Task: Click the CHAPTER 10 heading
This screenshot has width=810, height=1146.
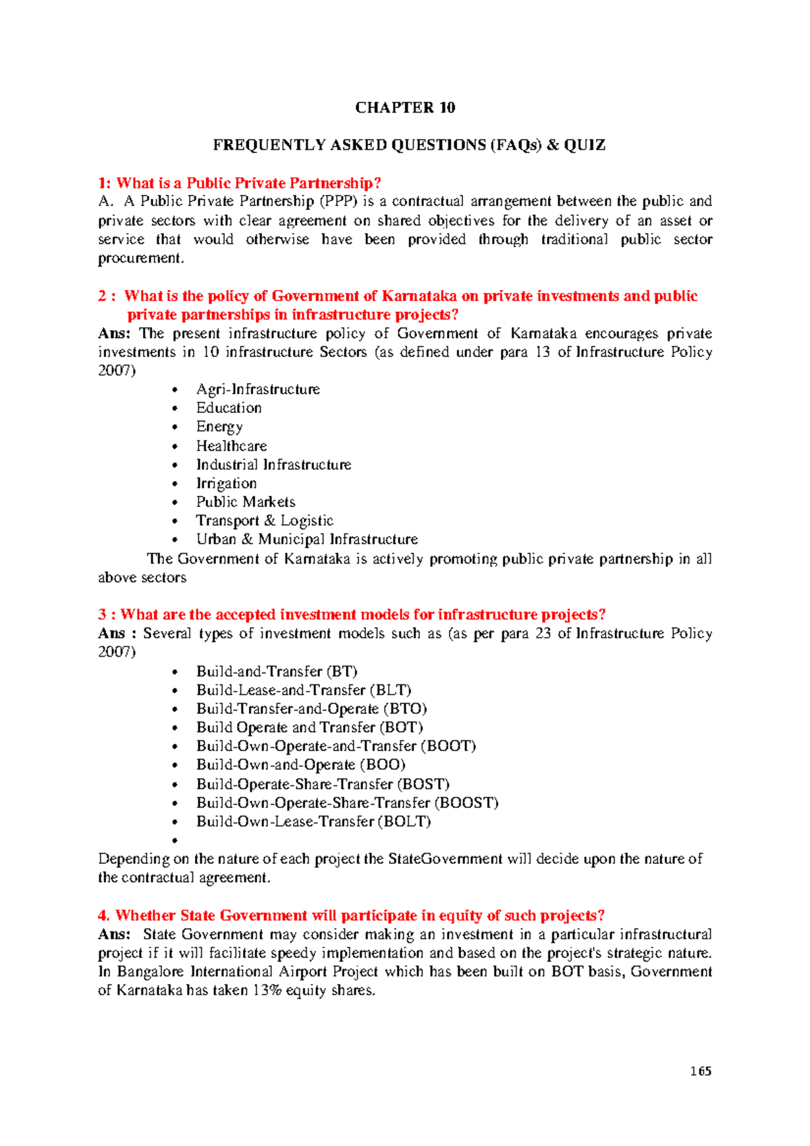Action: click(x=405, y=108)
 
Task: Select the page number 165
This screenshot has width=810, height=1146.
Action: click(x=701, y=1071)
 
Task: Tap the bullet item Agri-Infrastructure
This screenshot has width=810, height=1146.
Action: click(x=258, y=389)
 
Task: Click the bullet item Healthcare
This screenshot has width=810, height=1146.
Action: click(x=232, y=446)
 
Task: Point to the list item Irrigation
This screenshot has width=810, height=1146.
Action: click(x=226, y=483)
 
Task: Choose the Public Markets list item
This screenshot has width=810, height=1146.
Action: click(x=246, y=502)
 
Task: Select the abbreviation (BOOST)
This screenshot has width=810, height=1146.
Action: click(x=466, y=803)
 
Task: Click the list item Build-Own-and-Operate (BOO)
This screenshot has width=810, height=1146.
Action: click(x=300, y=765)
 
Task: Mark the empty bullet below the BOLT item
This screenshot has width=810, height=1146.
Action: click(x=175, y=841)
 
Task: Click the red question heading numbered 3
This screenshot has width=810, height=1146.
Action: click(x=352, y=615)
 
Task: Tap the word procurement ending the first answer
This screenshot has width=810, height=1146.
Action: click(x=140, y=258)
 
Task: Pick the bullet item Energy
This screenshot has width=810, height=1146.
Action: click(x=219, y=427)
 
